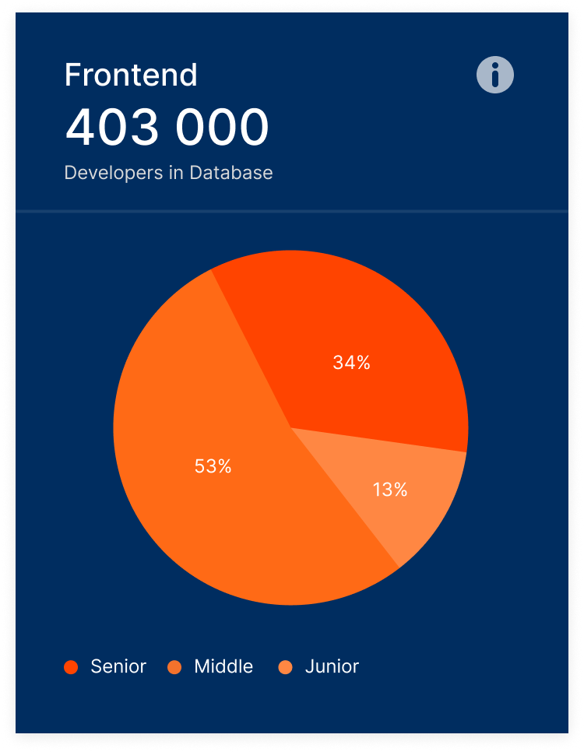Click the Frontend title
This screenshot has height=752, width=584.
131,75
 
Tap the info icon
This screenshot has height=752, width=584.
495,75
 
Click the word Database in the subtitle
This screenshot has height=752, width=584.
231,172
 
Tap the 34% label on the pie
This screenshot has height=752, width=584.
351,362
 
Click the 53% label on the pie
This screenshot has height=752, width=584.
213,466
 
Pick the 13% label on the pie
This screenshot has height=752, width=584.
389,490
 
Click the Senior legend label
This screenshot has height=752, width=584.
118,666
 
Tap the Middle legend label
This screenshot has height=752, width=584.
223,666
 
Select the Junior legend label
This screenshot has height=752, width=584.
332,666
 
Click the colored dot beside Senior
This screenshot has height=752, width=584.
71,667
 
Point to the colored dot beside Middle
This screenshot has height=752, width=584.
174,667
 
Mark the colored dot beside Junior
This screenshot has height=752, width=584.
285,667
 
